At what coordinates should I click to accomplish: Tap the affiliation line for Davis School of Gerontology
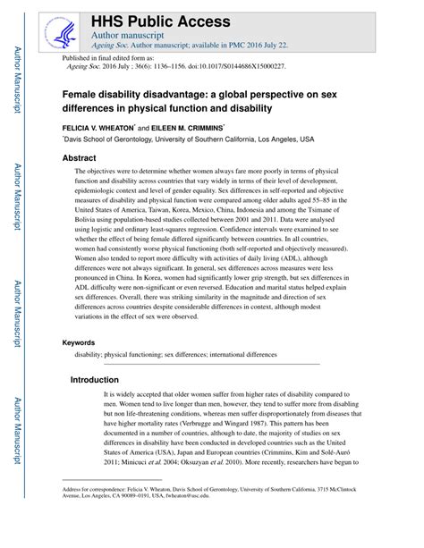tap(188, 139)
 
